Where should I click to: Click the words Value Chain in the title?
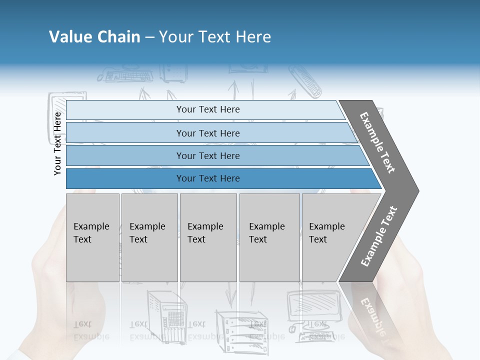(94, 37)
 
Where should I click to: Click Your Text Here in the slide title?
(215, 37)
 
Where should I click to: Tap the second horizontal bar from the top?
(207, 133)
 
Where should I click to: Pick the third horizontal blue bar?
(207, 156)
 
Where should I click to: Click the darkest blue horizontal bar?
(207, 178)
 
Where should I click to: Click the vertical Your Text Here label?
(57, 143)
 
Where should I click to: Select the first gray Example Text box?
(92, 237)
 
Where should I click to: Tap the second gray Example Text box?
(149, 237)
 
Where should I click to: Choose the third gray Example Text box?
(207, 237)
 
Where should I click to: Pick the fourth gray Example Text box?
(269, 237)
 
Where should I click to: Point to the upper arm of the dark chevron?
(378, 142)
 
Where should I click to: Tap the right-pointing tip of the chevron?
(413, 190)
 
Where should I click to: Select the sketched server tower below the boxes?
(167, 312)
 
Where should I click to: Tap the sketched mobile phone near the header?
(305, 83)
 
